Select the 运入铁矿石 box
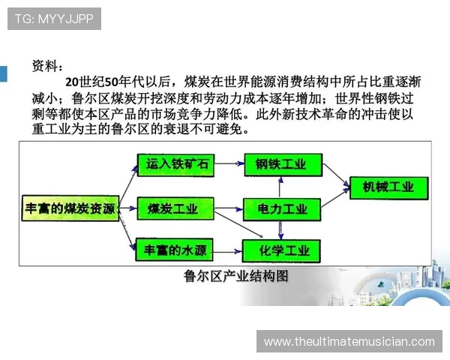[x=172, y=163]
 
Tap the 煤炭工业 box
[x=172, y=207]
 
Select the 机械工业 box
[x=388, y=187]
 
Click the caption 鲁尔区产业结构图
[x=236, y=275]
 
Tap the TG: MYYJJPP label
[x=53, y=19]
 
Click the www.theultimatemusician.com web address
[x=349, y=342]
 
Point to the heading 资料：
[x=49, y=66]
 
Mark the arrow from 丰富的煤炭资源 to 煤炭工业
[x=127, y=207]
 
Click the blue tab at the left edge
[x=3, y=73]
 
